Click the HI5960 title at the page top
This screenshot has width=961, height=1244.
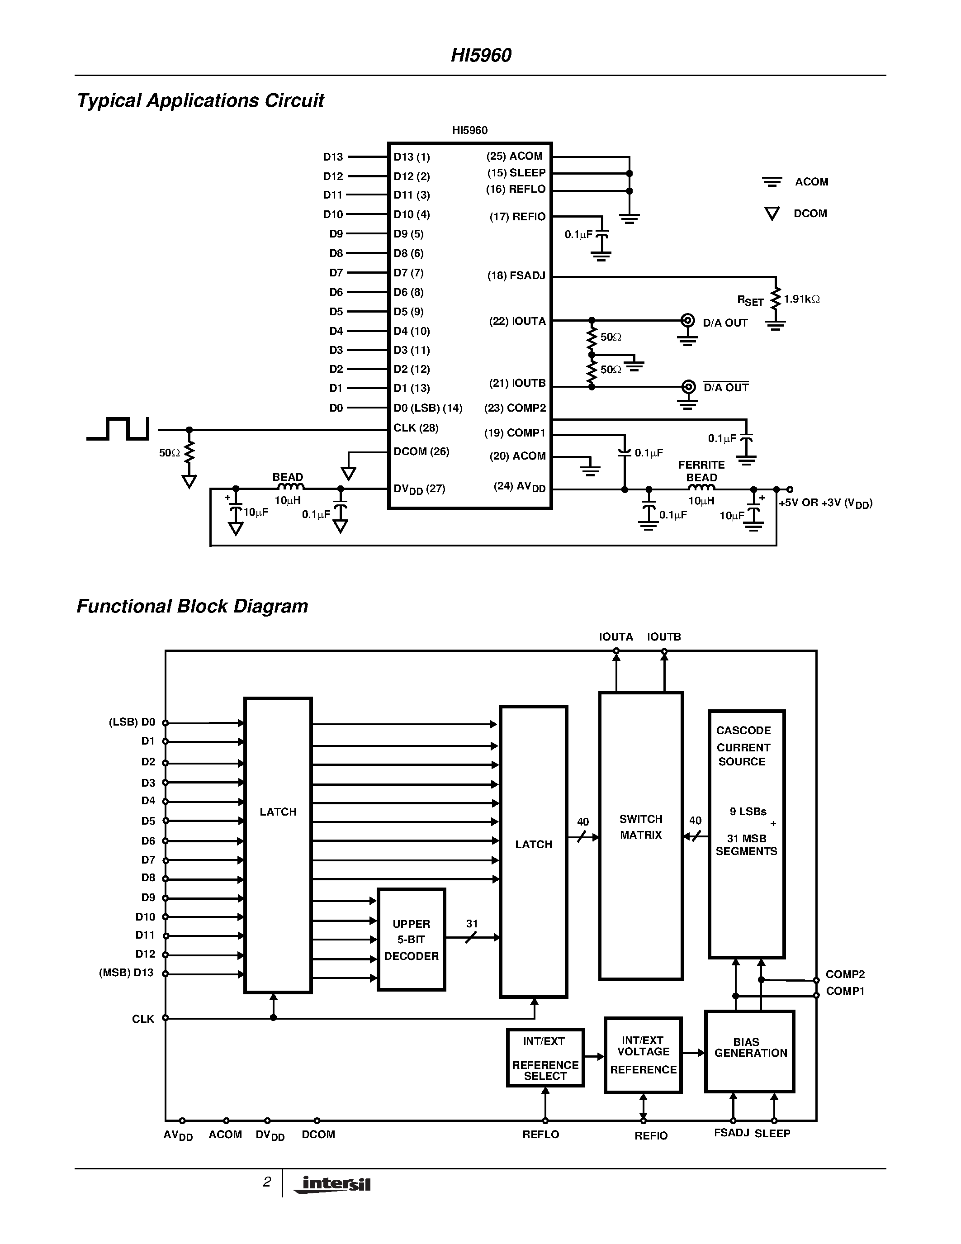pos(481,55)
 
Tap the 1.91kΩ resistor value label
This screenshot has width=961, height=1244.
pos(802,299)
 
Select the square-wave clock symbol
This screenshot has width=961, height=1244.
pos(118,428)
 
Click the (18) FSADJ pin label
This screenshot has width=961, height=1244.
pos(516,275)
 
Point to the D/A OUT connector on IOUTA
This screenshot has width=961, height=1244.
pos(688,320)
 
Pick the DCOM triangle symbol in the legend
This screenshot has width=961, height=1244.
pos(772,214)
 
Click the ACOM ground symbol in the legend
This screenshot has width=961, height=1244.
pos(772,182)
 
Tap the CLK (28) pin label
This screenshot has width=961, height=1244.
pos(416,428)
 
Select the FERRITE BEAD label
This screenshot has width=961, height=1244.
pos(701,471)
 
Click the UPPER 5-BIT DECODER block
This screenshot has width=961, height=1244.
pos(411,940)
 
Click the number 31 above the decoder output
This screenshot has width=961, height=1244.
pos(472,923)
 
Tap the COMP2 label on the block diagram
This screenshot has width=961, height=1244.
pos(845,974)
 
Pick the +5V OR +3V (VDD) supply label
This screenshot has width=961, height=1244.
pos(825,503)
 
